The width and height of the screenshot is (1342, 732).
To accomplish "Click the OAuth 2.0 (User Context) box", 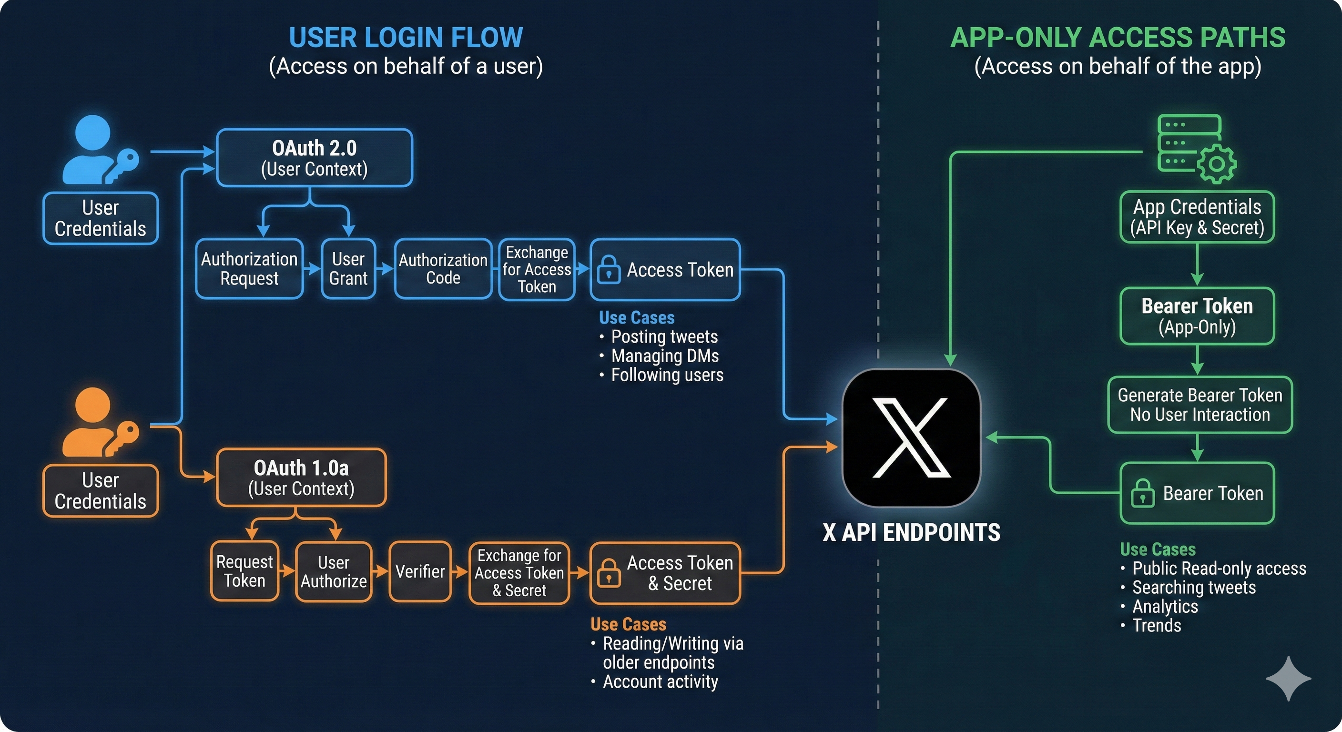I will (314, 158).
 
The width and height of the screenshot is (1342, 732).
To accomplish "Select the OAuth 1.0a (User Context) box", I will (301, 478).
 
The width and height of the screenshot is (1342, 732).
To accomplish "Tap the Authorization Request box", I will (249, 269).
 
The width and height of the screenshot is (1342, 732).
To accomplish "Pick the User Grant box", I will (348, 269).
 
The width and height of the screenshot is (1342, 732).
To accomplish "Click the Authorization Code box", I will (443, 269).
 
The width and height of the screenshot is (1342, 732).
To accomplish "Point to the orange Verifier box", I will (420, 571).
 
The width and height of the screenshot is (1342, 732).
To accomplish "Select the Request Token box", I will (244, 571).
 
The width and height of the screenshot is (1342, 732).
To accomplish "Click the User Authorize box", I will (334, 571).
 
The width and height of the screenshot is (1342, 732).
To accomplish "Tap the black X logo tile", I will (911, 437).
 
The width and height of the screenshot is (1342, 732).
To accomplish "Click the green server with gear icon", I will (1196, 149).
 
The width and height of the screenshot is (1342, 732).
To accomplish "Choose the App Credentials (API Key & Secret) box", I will (1197, 217).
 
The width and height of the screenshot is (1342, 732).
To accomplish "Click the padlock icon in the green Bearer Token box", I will (1142, 493).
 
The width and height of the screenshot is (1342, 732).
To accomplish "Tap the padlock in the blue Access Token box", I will (608, 270).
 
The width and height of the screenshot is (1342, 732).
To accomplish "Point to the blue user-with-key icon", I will (99, 150).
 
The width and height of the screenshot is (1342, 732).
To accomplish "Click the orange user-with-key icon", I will (99, 423).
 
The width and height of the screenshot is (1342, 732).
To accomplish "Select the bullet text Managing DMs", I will (665, 356).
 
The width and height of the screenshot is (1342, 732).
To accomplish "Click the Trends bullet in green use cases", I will (1157, 625).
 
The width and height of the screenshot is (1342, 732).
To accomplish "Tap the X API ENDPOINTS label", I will (911, 532).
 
